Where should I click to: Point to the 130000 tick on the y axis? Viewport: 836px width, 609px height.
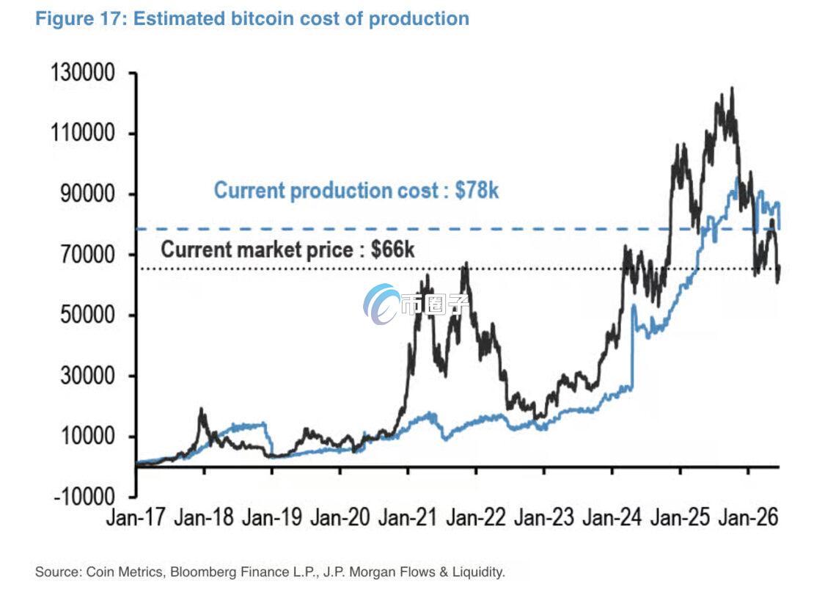pos(83,73)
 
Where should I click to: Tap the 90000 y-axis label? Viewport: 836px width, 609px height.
pos(87,194)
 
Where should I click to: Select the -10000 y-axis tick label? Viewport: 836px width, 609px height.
pos(84,497)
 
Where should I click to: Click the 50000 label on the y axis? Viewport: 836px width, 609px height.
pos(87,315)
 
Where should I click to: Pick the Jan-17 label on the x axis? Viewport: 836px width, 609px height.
pos(136,517)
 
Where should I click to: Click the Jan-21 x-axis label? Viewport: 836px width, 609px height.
pos(407,517)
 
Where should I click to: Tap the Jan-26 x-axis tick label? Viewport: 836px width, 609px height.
pos(748,517)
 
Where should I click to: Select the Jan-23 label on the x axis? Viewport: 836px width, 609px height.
pos(544,517)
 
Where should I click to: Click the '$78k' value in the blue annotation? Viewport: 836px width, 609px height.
pos(477,190)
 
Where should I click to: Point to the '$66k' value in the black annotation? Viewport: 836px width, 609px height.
pos(392,249)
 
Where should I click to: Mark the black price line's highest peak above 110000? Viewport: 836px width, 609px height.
pos(732,89)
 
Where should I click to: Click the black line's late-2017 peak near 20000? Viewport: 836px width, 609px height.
pos(202,409)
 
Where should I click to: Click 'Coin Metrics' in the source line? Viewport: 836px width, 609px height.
pos(124,572)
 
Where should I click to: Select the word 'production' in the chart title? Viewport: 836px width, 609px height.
pos(419,18)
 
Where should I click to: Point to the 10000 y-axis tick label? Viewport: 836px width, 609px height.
pos(87,437)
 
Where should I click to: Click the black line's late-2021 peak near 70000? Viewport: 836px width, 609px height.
pos(466,263)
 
